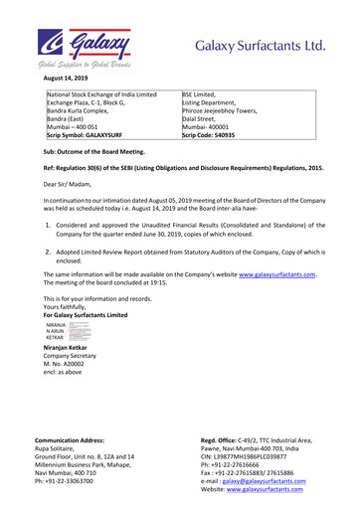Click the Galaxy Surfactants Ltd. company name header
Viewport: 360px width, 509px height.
[x=260, y=46]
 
